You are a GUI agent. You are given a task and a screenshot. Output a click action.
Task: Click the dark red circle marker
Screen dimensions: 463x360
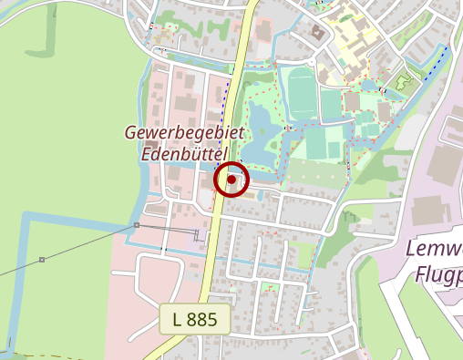(x=231, y=180)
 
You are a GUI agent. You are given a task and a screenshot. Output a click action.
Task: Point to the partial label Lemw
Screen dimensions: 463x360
(x=434, y=251)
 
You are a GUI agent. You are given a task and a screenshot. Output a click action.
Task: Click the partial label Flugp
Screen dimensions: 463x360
(x=438, y=273)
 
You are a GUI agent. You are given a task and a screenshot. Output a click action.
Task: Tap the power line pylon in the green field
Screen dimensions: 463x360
(x=42, y=260)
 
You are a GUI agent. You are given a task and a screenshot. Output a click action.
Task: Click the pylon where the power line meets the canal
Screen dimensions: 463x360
(x=136, y=225)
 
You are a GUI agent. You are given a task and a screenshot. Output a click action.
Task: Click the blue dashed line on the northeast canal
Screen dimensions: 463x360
(x=437, y=64)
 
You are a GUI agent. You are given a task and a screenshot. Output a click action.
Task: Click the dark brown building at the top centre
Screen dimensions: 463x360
(x=318, y=33)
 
